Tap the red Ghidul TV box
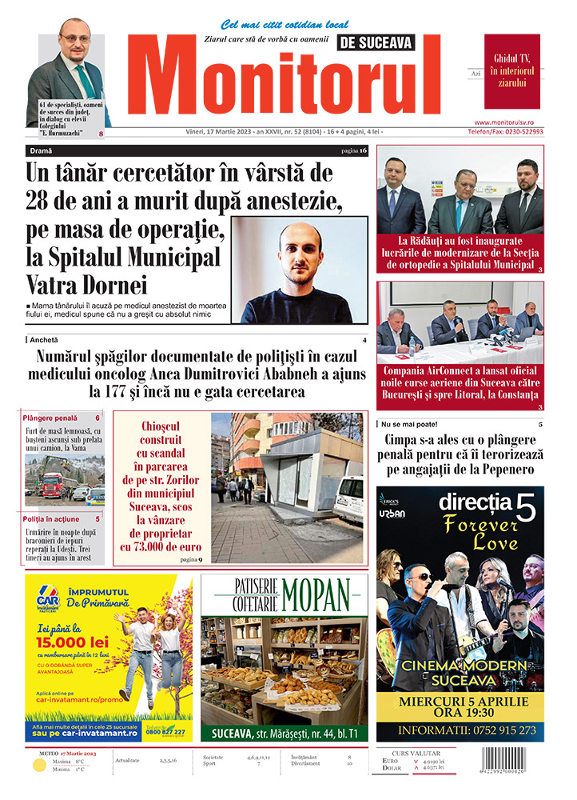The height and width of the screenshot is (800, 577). [x=511, y=71]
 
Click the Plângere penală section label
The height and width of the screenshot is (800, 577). [x=50, y=418]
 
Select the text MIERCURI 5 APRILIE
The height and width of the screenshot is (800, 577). [x=460, y=702]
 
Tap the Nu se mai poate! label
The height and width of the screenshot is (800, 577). [x=410, y=423]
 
